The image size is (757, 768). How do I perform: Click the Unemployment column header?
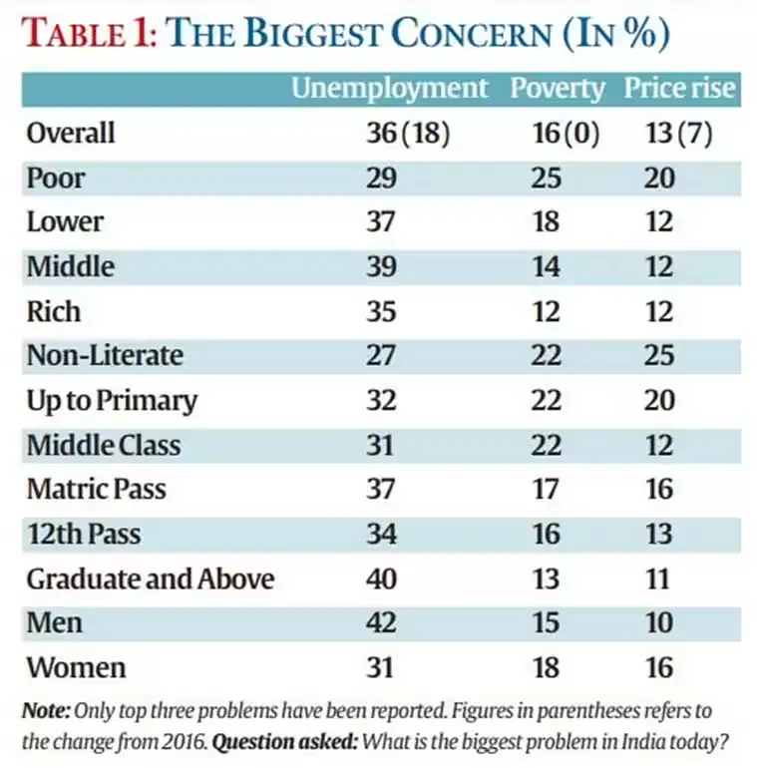point(389,89)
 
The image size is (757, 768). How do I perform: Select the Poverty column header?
point(558,89)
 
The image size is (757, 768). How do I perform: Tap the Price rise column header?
point(680,89)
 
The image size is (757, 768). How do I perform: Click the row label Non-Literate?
point(105,356)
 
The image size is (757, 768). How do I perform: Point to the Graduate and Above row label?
point(150,578)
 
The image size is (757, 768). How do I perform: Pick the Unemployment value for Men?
point(381,623)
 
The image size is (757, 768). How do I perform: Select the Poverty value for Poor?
point(546,179)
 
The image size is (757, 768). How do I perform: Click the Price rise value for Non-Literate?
point(658,356)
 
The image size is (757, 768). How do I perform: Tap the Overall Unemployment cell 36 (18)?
point(409,134)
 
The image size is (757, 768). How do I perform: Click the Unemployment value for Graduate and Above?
point(381,578)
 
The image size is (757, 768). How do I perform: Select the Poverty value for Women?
point(546,667)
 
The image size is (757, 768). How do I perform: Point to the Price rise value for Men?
point(658,623)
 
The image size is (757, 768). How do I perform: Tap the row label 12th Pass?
point(83,534)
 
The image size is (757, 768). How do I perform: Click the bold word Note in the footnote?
point(45,713)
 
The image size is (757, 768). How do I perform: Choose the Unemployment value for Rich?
point(381,311)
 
